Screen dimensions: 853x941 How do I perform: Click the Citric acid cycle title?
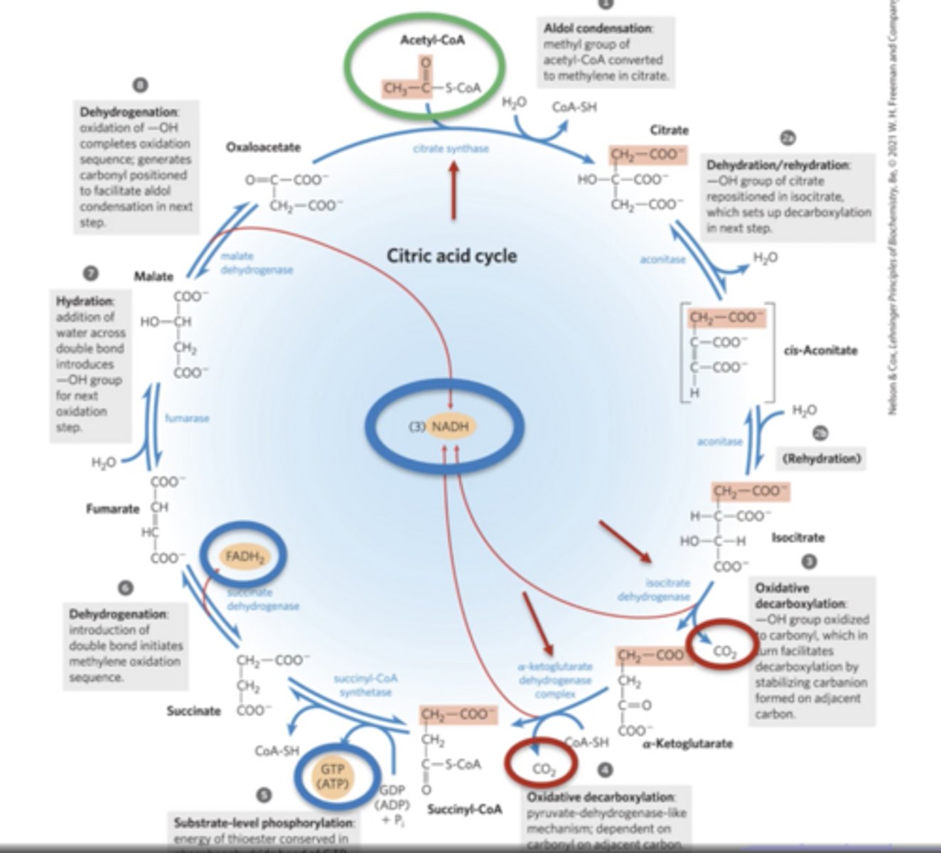(451, 255)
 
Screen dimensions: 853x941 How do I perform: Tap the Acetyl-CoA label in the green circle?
(431, 41)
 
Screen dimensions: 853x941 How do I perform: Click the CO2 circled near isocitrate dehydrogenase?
(724, 651)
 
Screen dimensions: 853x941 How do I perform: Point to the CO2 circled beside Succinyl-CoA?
(543, 768)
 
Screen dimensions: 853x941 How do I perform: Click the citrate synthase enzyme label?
(451, 149)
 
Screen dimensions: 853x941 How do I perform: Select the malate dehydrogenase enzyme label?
(256, 262)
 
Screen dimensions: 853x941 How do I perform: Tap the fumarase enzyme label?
(187, 418)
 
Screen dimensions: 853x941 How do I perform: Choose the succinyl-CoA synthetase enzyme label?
(365, 685)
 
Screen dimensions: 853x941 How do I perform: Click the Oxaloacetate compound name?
(263, 147)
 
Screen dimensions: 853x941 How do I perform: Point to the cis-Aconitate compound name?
(820, 350)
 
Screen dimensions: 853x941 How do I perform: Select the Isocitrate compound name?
(798, 537)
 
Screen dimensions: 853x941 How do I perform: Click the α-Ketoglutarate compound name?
(687, 744)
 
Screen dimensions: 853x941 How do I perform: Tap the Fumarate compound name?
(112, 508)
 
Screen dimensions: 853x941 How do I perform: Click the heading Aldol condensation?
(597, 28)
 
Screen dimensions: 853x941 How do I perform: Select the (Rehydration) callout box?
(821, 458)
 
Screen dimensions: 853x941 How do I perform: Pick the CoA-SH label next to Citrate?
(574, 107)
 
